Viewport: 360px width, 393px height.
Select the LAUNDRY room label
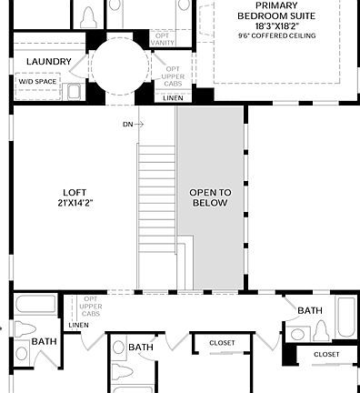48,62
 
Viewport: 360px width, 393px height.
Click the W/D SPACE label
37,81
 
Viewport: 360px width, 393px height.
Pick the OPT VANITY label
163,39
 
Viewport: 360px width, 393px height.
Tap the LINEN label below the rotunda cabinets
173,97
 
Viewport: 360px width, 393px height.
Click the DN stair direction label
128,124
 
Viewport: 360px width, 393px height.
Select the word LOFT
74,193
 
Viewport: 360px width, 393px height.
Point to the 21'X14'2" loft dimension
74,204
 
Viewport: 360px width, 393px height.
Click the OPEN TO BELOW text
210,197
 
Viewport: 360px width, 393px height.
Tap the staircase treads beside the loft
156,200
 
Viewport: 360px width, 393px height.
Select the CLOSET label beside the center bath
222,343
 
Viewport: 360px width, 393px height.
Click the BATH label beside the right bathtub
310,311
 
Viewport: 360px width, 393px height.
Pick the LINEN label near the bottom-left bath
78,325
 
